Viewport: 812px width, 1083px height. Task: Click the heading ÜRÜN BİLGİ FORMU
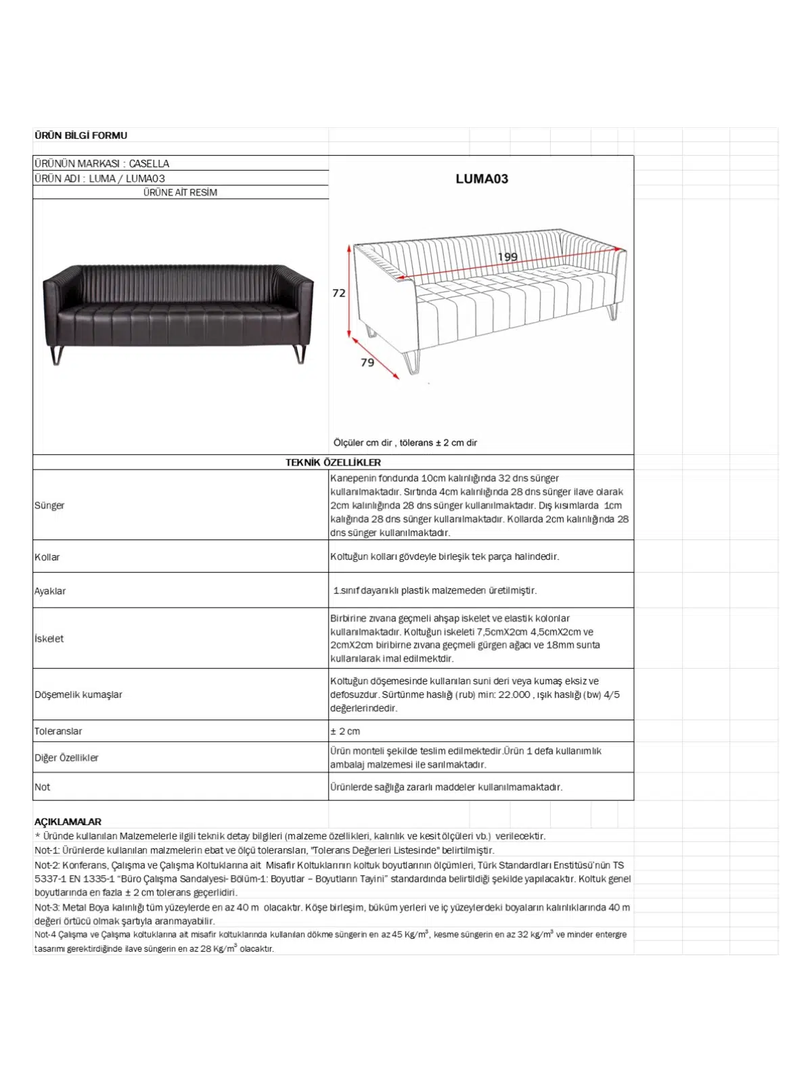(81, 135)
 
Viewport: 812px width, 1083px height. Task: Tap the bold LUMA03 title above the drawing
(481, 179)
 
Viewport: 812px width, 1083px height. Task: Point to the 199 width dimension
(507, 257)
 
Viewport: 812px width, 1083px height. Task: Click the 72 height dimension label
(339, 293)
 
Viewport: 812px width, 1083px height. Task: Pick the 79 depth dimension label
(367, 363)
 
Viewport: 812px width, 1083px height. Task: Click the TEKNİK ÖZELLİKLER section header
(333, 462)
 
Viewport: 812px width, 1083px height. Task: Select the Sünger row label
(49, 506)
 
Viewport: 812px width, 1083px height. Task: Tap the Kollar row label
(47, 557)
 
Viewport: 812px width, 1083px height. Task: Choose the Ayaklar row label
(50, 591)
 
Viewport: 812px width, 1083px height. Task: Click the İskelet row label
(49, 638)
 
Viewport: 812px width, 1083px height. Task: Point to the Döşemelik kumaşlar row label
(78, 694)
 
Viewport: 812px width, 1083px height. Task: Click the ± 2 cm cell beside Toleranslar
(345, 731)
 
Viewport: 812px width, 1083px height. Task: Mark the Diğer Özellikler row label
(66, 758)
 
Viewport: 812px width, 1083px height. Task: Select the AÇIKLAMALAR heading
(68, 822)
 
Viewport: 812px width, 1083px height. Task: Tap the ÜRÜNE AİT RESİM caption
(180, 192)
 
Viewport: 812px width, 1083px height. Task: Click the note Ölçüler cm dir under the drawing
(363, 443)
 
